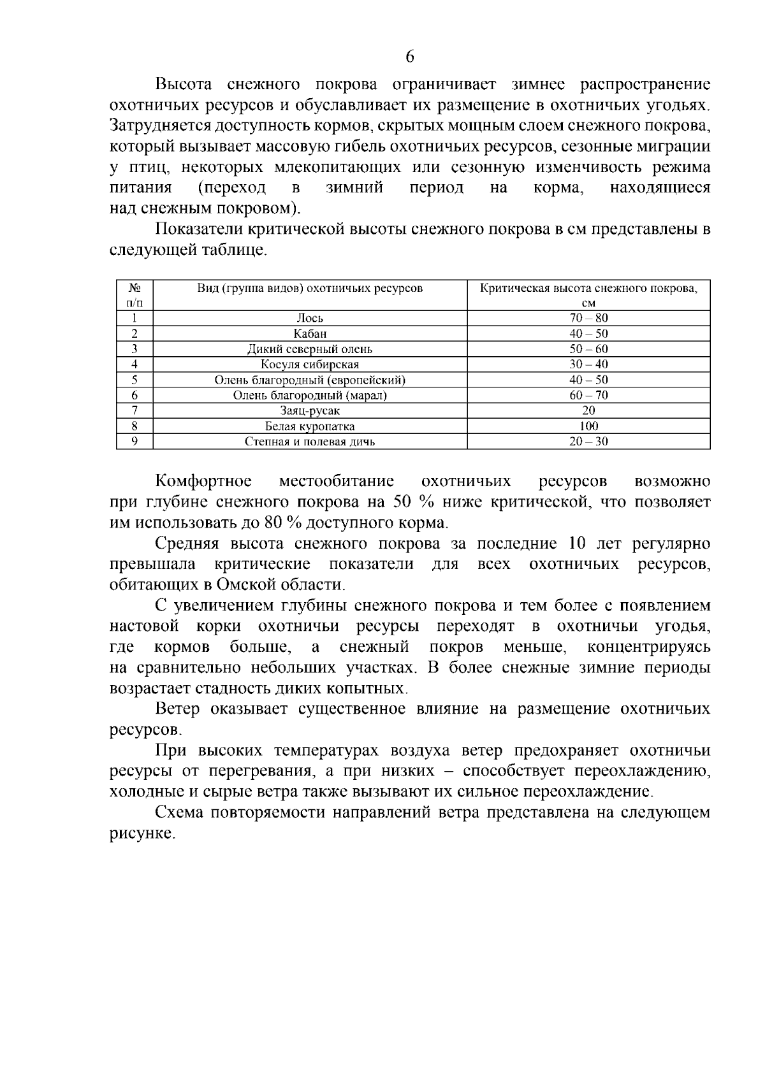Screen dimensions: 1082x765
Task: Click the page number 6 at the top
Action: pyautogui.click(x=410, y=57)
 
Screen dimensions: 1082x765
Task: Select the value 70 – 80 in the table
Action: pyautogui.click(x=588, y=318)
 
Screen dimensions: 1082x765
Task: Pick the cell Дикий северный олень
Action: pyautogui.click(x=310, y=349)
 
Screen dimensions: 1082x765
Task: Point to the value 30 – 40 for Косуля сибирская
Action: pyautogui.click(x=588, y=364)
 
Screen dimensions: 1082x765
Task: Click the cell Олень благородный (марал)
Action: pyautogui.click(x=310, y=396)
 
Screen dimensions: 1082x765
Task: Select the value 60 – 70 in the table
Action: pyautogui.click(x=588, y=395)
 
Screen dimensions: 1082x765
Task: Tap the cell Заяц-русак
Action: pyautogui.click(x=310, y=411)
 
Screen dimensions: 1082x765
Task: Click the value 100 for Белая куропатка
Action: pyautogui.click(x=588, y=426)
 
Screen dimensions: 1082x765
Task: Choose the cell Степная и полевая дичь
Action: pyautogui.click(x=310, y=442)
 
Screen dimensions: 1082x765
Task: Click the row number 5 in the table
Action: pyautogui.click(x=135, y=380)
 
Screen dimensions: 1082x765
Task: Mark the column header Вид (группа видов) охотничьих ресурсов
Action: pyautogui.click(x=310, y=289)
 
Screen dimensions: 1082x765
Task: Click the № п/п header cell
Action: pyautogui.click(x=135, y=295)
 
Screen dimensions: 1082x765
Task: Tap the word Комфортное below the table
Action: pyautogui.click(x=203, y=481)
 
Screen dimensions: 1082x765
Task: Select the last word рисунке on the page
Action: pyautogui.click(x=141, y=834)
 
